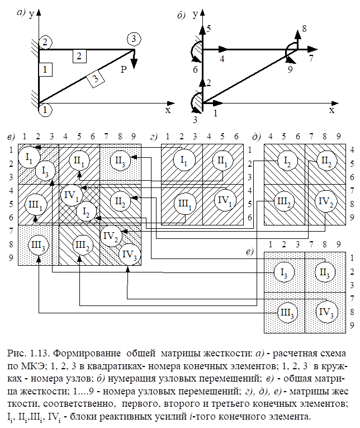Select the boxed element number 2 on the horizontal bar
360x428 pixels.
(x=79, y=55)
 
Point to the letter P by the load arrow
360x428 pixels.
(x=124, y=69)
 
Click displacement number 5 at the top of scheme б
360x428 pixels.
(x=209, y=28)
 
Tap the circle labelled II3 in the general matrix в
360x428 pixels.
(x=120, y=161)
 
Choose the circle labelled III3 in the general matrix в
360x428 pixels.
(x=37, y=261)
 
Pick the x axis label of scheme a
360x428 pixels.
(x=168, y=110)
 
